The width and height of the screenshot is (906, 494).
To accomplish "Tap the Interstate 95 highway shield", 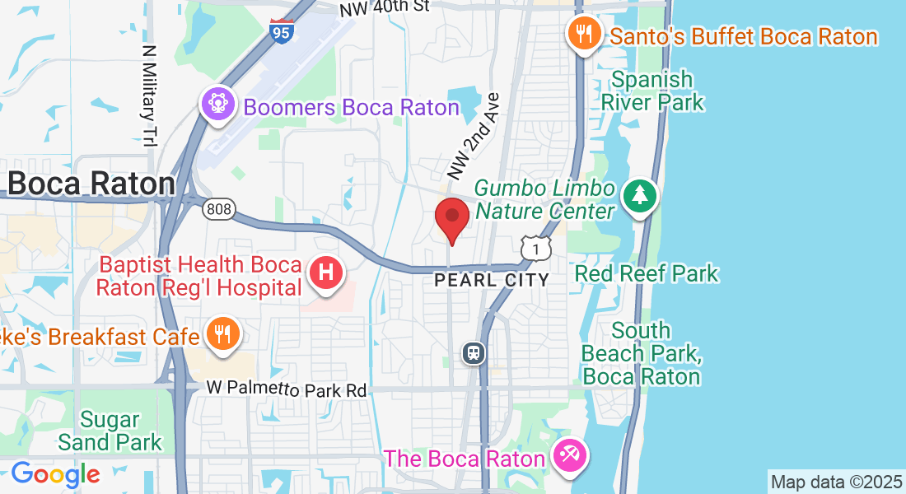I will (x=282, y=32).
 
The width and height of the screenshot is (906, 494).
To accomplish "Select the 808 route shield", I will (x=219, y=209).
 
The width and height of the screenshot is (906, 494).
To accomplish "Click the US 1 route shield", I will (x=535, y=247).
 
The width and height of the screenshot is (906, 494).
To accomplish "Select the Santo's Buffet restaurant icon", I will (x=585, y=35).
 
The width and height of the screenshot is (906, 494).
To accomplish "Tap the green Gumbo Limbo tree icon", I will (x=640, y=197).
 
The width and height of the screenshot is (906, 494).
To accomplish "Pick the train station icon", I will (x=474, y=354).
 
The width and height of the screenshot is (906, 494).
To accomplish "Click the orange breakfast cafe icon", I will (x=221, y=334).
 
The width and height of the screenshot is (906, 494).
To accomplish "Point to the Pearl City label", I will (x=492, y=280).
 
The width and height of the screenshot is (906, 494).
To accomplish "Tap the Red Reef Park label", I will (x=647, y=273).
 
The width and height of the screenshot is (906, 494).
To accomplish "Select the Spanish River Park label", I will (x=652, y=91).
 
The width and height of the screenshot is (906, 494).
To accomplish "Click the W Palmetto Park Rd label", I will (x=286, y=389).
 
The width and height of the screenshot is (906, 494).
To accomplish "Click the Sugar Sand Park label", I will (x=110, y=431).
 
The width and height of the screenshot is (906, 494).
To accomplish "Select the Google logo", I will (x=55, y=474).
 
